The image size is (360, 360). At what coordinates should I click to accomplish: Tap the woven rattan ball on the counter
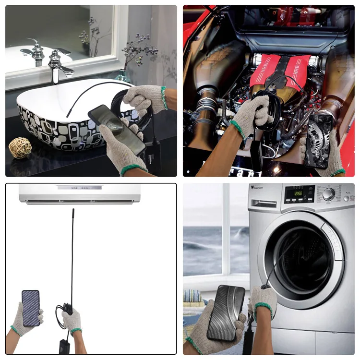(20, 147)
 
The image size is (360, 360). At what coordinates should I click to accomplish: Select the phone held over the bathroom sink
(117, 129)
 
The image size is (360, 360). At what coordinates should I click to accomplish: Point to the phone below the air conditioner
(30, 308)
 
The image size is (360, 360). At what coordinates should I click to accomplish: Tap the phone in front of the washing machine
(226, 312)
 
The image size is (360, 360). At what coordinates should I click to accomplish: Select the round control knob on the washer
(329, 194)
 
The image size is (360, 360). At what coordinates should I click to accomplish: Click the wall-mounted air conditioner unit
(80, 193)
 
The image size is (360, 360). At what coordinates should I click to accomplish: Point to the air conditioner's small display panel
(80, 187)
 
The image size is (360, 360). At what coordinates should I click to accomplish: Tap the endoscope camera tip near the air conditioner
(73, 211)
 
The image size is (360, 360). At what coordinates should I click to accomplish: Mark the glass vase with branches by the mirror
(123, 74)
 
